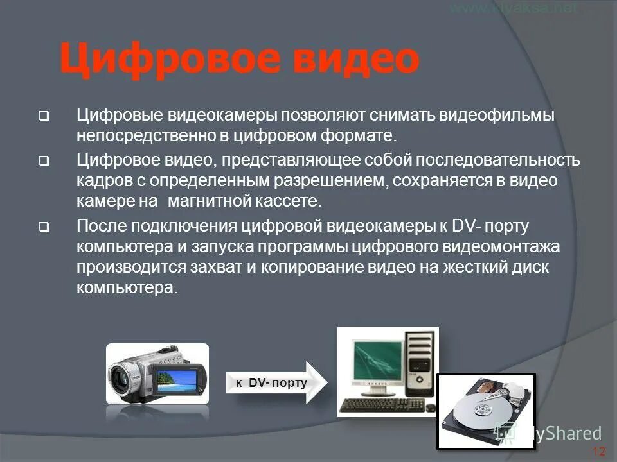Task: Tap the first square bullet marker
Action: point(42,117)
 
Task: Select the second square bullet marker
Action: point(42,160)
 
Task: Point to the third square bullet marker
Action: point(42,226)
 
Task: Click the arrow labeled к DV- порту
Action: point(276,383)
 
